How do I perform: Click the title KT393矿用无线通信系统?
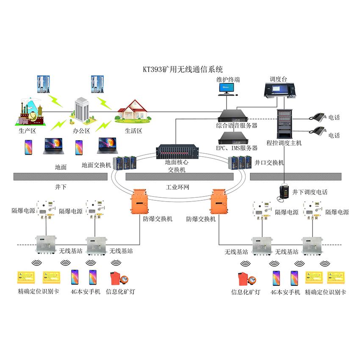(183, 69)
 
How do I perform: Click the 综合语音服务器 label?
(236, 126)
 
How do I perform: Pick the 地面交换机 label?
(96, 165)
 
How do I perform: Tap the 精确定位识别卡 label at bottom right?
(325, 292)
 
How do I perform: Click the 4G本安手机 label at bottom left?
(86, 292)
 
